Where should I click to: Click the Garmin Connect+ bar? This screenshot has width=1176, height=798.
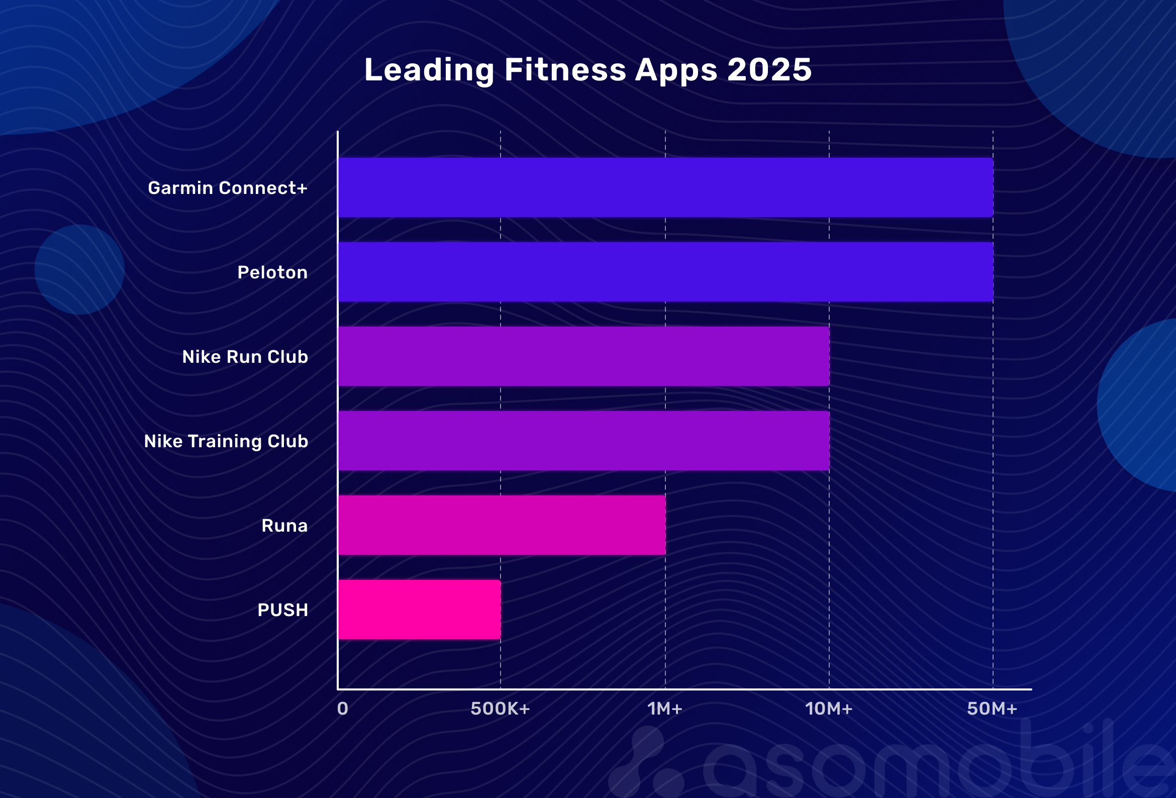click(x=665, y=187)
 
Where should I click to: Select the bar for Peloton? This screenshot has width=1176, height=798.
click(x=665, y=272)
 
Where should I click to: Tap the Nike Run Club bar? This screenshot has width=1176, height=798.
click(x=583, y=356)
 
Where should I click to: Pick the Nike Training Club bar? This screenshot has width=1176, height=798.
click(x=583, y=441)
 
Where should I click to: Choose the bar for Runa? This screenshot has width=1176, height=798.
click(x=502, y=525)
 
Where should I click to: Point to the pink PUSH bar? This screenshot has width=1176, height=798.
click(x=420, y=610)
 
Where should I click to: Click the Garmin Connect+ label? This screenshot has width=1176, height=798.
click(x=228, y=188)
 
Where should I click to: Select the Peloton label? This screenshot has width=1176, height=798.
click(x=272, y=273)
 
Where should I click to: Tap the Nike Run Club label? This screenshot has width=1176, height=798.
click(x=245, y=357)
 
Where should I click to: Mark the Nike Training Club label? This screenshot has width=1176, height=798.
click(x=226, y=441)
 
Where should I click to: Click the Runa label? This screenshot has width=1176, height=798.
click(x=284, y=526)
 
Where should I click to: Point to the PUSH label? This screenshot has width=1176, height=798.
click(x=282, y=610)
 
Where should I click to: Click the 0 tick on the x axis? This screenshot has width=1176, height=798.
click(x=343, y=709)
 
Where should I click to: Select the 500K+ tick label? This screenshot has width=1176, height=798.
click(x=500, y=709)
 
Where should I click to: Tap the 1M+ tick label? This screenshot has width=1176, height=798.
click(x=665, y=709)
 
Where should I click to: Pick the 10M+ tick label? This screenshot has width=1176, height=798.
click(x=829, y=709)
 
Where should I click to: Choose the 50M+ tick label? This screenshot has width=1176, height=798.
click(x=992, y=709)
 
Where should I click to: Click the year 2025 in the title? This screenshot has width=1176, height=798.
click(x=769, y=69)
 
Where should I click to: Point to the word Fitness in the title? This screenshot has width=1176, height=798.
click(x=565, y=69)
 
